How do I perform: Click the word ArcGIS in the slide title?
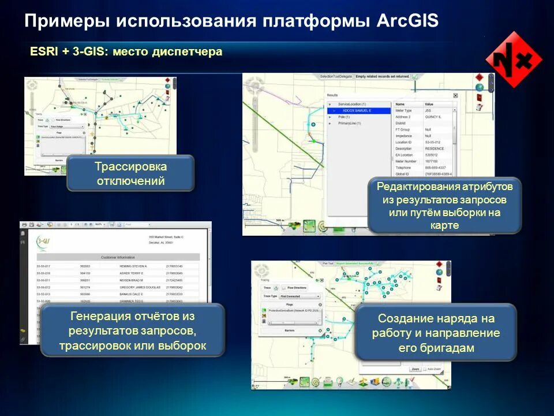(407, 21)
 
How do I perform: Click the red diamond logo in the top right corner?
(513, 60)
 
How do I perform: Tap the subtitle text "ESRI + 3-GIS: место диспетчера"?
(126, 52)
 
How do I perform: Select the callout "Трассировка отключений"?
(130, 173)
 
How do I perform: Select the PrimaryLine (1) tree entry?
(350, 123)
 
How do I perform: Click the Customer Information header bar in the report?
(118, 257)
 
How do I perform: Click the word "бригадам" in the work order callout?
(436, 348)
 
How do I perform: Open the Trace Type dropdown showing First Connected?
(300, 296)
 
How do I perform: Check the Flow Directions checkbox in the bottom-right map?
(283, 287)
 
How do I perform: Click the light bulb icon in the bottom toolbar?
(339, 382)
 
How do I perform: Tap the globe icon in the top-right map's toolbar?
(478, 87)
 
